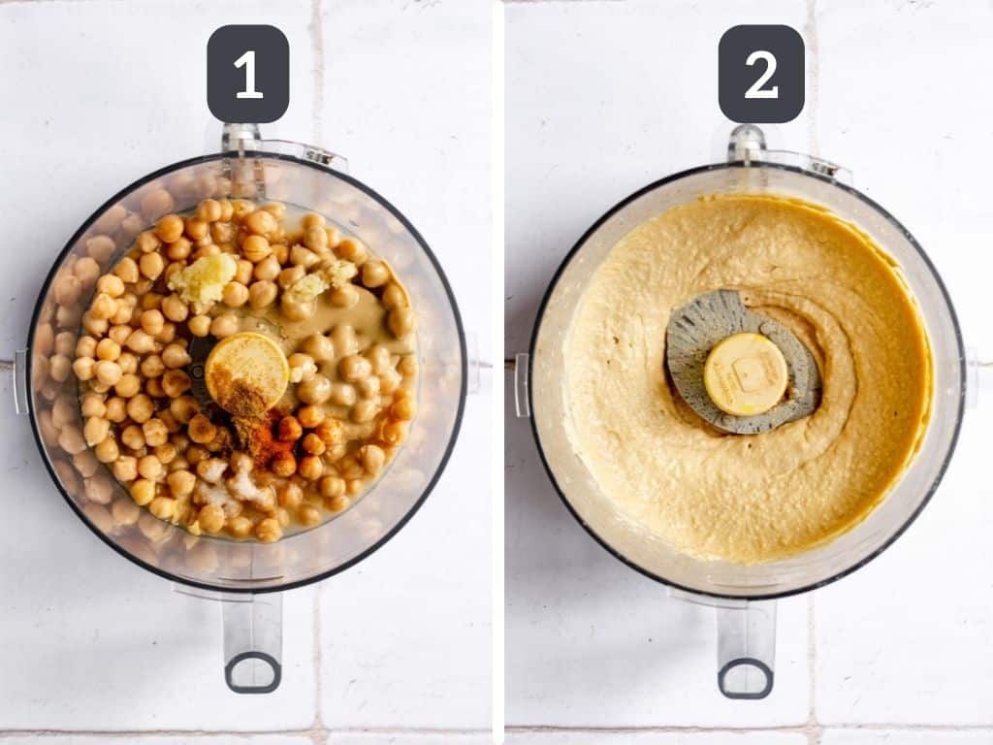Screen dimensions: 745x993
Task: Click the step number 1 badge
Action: (x=247, y=74)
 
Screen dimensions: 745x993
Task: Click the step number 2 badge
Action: (x=761, y=74)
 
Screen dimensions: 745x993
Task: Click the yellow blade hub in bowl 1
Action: (x=246, y=369)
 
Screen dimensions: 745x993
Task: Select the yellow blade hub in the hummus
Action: (x=745, y=373)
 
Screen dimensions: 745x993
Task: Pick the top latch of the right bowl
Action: (x=747, y=143)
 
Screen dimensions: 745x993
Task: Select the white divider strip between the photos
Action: (x=497, y=372)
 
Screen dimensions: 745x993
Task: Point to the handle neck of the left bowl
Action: (x=252, y=621)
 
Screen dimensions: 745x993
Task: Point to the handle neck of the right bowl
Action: (x=745, y=626)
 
